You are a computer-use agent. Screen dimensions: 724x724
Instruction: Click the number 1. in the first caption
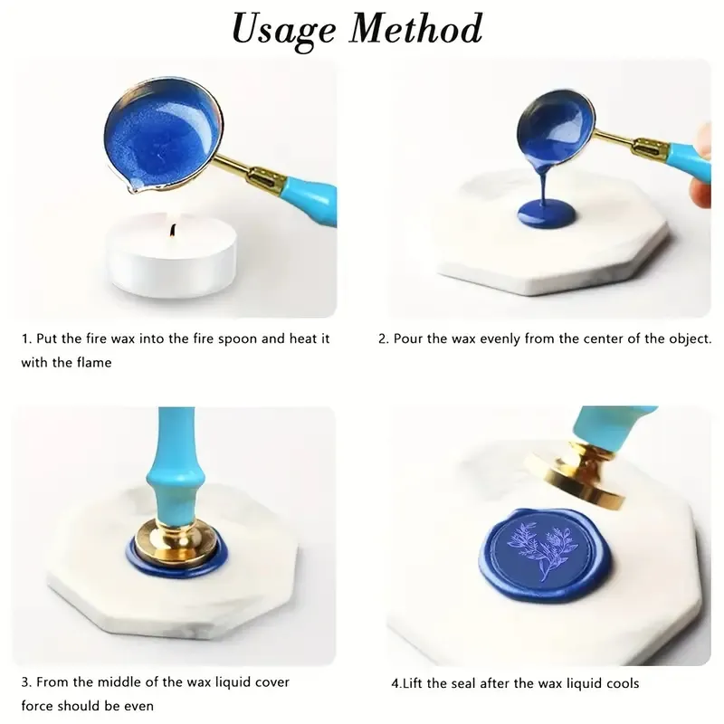[26, 339]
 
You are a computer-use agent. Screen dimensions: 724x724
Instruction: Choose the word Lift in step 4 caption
[409, 682]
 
